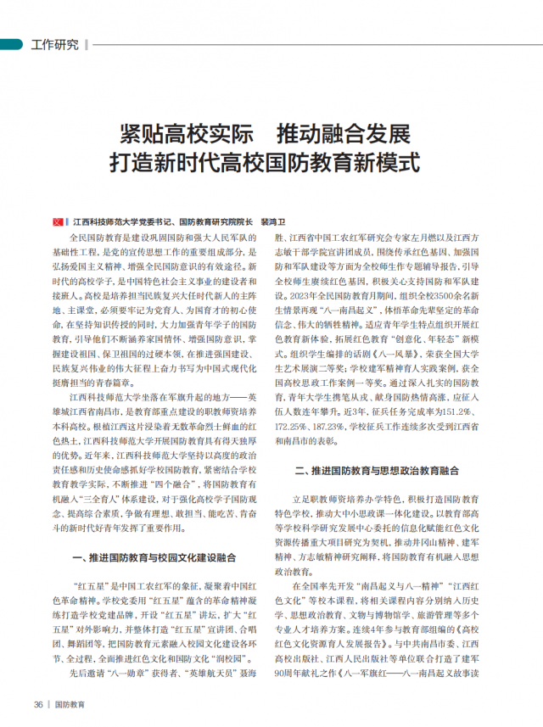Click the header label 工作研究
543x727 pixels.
[x=54, y=45]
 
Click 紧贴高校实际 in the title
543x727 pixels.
[x=184, y=133]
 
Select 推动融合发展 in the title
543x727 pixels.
[x=355, y=133]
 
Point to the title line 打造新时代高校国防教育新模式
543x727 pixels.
[x=270, y=161]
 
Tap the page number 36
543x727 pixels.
[x=38, y=704]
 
